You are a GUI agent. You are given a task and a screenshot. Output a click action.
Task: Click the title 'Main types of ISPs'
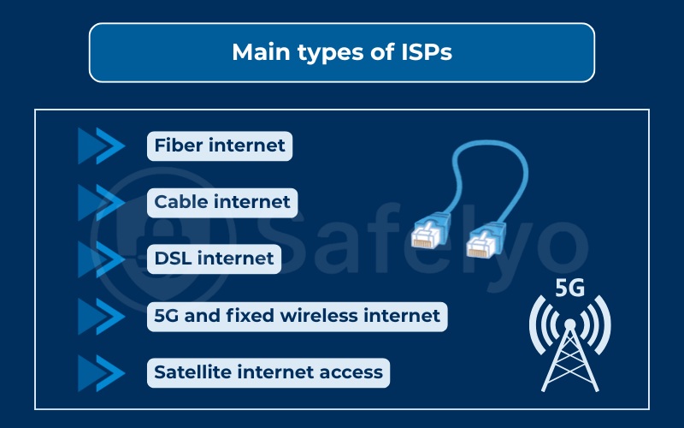click(x=341, y=52)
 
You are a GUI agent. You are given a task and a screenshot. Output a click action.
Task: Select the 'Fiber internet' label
click(x=220, y=146)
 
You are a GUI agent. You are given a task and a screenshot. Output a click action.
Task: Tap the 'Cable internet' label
click(x=222, y=203)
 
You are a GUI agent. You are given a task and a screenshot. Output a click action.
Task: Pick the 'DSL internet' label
click(x=214, y=258)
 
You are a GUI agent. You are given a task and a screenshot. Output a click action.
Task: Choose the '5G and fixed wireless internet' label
click(x=297, y=316)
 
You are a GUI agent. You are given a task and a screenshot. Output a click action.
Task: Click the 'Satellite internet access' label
click(x=268, y=372)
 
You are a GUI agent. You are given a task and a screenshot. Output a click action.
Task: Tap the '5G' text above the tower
click(x=569, y=288)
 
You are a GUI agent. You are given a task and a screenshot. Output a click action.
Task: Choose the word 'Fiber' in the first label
click(x=176, y=146)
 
